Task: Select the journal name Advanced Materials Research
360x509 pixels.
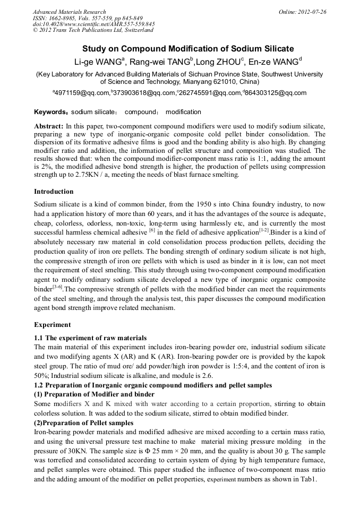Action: [x=69, y=12]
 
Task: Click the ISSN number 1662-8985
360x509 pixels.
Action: [x=63, y=18]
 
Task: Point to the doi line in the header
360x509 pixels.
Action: [x=93, y=24]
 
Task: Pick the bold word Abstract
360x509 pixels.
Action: [x=48, y=126]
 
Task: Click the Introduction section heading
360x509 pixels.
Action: [x=54, y=192]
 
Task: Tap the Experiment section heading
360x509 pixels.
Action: [x=52, y=324]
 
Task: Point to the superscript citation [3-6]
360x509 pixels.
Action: [x=56, y=286]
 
